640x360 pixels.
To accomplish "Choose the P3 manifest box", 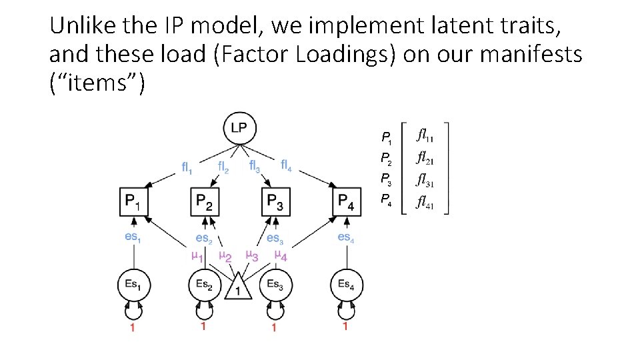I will tap(275, 201).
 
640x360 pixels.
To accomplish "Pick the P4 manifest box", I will tap(346, 201).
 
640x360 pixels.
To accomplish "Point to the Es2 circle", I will tap(204, 285).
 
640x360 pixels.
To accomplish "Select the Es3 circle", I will tap(274, 285).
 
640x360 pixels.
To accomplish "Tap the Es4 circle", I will tap(346, 285).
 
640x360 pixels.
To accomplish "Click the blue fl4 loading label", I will tap(289, 164).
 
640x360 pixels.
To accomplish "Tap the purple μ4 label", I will tap(281, 255).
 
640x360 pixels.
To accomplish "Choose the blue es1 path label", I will tap(133, 236).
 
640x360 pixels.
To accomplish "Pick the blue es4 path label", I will tap(345, 237).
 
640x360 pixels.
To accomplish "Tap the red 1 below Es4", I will tap(345, 327).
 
